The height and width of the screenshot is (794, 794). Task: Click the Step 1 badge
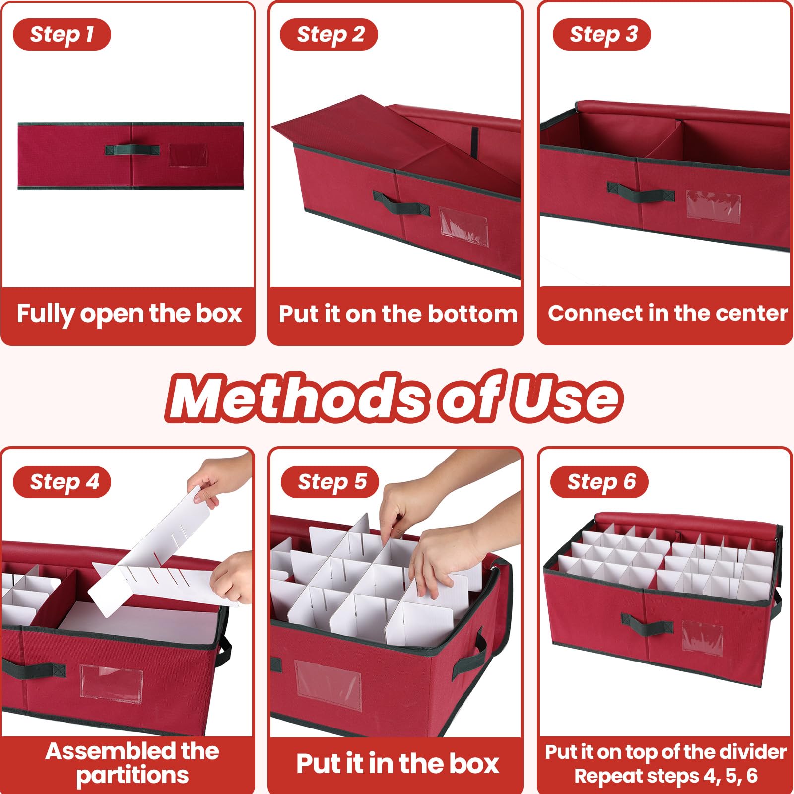click(x=62, y=34)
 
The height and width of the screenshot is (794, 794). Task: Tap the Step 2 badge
click(x=329, y=34)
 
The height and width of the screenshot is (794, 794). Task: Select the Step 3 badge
click(x=601, y=34)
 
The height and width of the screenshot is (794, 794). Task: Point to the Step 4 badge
click(x=62, y=482)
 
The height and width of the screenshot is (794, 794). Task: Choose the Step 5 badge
click(x=330, y=482)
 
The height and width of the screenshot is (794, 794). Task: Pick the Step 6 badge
click(x=599, y=482)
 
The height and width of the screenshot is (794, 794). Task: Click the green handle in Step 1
click(x=132, y=150)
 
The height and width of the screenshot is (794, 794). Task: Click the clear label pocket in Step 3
click(x=714, y=206)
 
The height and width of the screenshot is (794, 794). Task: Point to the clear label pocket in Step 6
click(x=702, y=637)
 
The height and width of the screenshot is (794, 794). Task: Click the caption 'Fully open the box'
click(x=129, y=314)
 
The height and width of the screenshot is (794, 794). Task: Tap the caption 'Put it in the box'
click(x=397, y=763)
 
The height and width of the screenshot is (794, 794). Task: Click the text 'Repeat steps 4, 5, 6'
click(x=665, y=776)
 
